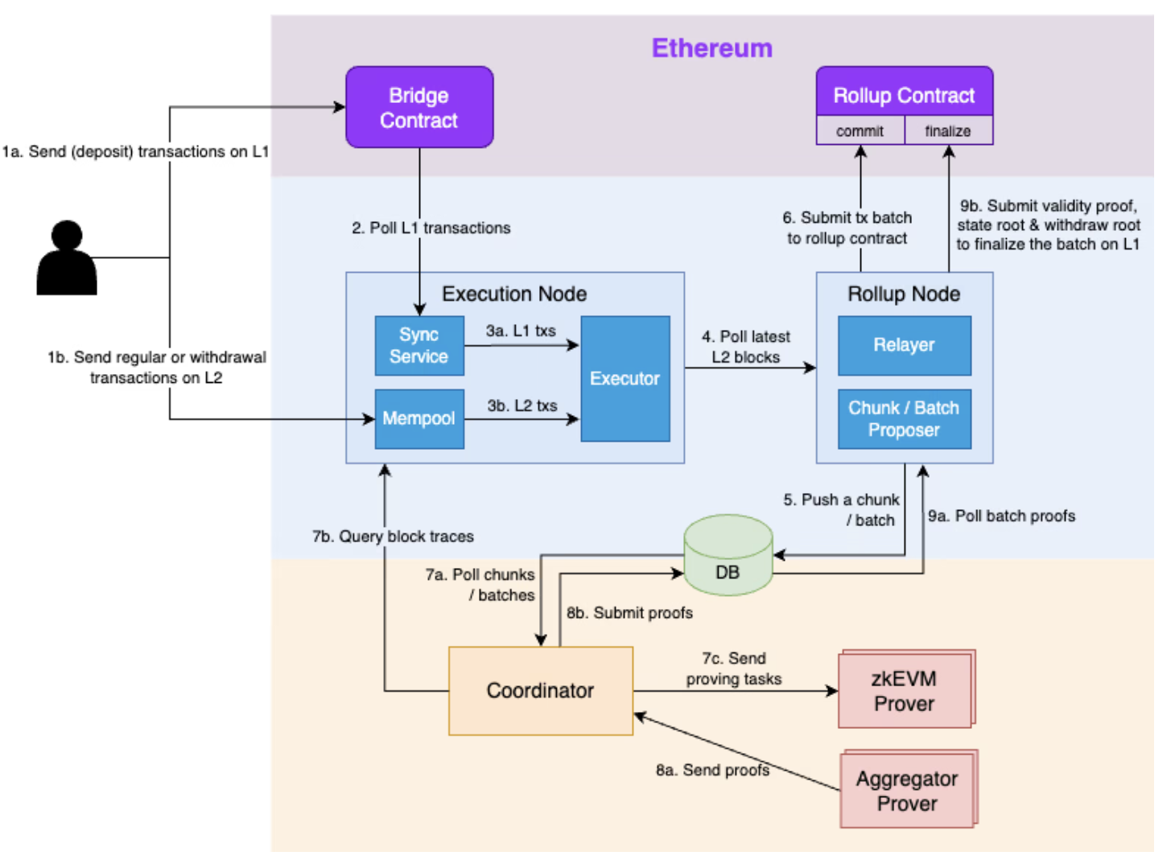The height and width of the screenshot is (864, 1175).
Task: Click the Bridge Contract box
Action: [x=419, y=107]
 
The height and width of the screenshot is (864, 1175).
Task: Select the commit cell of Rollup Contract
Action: [x=860, y=130]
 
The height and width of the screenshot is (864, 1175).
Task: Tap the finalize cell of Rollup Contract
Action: [x=948, y=130]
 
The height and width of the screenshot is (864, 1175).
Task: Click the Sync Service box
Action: [x=419, y=345]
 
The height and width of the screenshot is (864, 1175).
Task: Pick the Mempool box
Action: [x=419, y=418]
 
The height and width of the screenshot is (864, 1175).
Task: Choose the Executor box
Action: [x=625, y=378]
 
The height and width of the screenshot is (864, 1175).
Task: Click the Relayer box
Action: [x=904, y=345]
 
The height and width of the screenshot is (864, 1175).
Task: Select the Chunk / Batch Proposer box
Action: [x=904, y=418]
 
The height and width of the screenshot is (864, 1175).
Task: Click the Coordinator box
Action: [x=540, y=690]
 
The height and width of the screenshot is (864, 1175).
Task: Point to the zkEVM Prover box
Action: [x=905, y=690]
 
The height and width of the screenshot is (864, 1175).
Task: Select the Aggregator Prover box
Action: [x=907, y=790]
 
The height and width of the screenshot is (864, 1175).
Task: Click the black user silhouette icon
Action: [x=67, y=259]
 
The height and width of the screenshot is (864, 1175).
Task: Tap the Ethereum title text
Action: [x=711, y=48]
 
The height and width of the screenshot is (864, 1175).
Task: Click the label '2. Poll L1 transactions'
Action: [x=431, y=228]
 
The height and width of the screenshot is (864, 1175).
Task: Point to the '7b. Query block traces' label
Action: [x=393, y=537]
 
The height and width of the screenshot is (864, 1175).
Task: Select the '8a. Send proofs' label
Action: [x=712, y=770]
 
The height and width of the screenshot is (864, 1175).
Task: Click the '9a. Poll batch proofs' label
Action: [x=1001, y=516]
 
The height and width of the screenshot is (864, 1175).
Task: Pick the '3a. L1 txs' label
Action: [x=521, y=331]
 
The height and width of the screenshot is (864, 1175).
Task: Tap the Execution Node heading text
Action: [x=514, y=294]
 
